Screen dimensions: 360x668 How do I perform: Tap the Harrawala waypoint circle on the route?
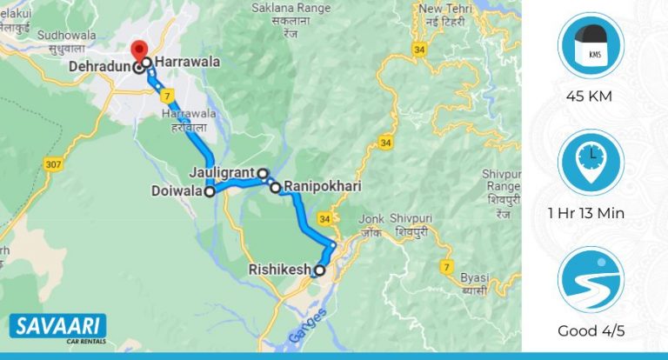pyautogui.click(x=148, y=63)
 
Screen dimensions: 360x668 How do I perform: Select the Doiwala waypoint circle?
pyautogui.click(x=210, y=192)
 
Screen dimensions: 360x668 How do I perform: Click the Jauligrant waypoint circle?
pyautogui.click(x=262, y=173)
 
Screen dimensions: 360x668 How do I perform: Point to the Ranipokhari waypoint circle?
pyautogui.click(x=276, y=187)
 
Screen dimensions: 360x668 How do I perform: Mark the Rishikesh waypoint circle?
pyautogui.click(x=320, y=270)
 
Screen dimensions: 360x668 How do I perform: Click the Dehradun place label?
pyautogui.click(x=102, y=67)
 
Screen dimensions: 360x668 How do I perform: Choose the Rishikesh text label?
pyautogui.click(x=279, y=270)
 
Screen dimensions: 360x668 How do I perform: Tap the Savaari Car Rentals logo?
pyautogui.click(x=57, y=329)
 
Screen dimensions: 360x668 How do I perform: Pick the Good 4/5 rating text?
pyautogui.click(x=591, y=330)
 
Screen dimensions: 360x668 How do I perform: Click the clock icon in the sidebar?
pyautogui.click(x=591, y=163)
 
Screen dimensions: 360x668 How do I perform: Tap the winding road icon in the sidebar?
pyautogui.click(x=591, y=280)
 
